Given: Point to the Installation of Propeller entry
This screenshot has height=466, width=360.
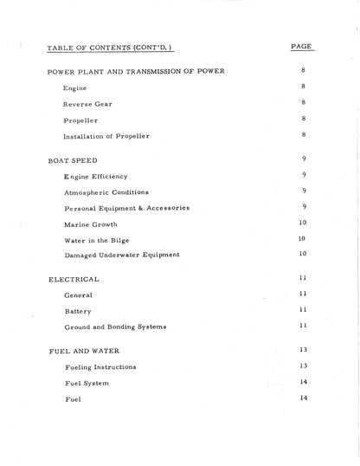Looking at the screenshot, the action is click(x=106, y=137).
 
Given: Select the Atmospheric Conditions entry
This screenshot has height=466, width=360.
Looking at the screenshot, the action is click(x=106, y=192).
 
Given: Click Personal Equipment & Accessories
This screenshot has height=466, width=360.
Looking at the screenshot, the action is click(x=126, y=208).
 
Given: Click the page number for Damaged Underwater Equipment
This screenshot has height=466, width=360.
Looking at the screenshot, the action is click(x=303, y=253).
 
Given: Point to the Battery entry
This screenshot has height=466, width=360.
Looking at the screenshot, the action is click(x=79, y=311).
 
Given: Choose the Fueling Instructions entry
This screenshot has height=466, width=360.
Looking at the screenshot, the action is click(x=100, y=367).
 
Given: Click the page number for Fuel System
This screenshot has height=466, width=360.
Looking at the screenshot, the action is click(x=303, y=381).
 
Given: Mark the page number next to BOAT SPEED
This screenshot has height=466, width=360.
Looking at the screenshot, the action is click(x=304, y=159).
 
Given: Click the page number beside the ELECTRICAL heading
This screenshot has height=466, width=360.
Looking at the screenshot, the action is click(x=303, y=278).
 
